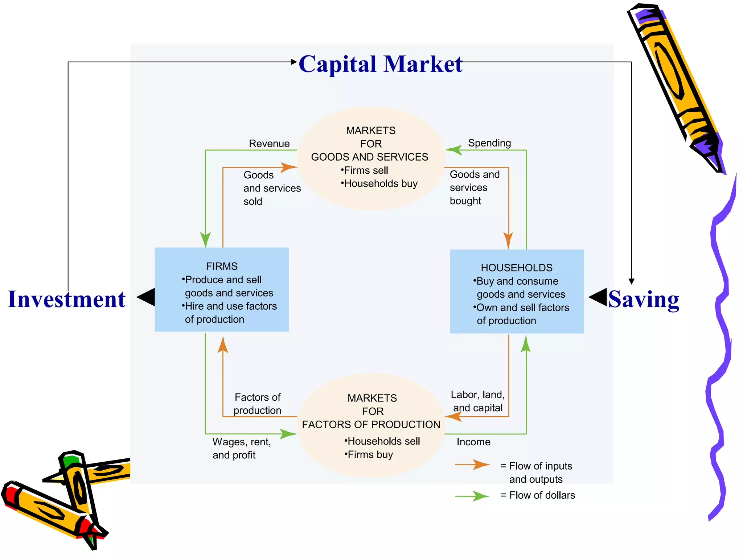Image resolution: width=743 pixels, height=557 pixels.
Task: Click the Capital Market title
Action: pos(380,65)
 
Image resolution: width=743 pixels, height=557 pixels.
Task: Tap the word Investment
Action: pos(67,300)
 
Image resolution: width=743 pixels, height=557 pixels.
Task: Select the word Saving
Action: pos(644,300)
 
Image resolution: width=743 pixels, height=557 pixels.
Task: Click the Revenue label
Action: pos(269,144)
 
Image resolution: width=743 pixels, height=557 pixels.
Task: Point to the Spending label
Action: pos(489,143)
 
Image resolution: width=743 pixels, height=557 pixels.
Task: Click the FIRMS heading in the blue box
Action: pos(222,266)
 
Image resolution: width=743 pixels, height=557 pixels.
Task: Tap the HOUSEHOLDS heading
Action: pos(516,268)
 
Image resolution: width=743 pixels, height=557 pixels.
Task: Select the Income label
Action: pos(473,442)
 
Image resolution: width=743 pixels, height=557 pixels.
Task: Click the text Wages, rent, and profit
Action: pos(241,448)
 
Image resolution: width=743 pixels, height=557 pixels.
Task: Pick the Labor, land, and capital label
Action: pos(477,401)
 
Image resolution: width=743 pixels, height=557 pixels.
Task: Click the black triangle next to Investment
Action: pos(147,297)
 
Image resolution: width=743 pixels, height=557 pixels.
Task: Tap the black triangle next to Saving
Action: pos(598,297)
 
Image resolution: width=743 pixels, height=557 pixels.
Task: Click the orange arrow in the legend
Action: pos(473,465)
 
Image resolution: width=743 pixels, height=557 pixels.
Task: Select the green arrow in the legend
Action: pos(473,496)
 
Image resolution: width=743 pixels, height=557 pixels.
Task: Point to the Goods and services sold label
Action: pos(271,188)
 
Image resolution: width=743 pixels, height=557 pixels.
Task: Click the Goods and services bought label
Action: pos(474,187)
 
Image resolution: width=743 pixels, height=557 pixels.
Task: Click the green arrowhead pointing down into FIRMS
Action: pos(205,240)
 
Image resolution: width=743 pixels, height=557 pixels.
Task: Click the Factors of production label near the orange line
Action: pos(257,404)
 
